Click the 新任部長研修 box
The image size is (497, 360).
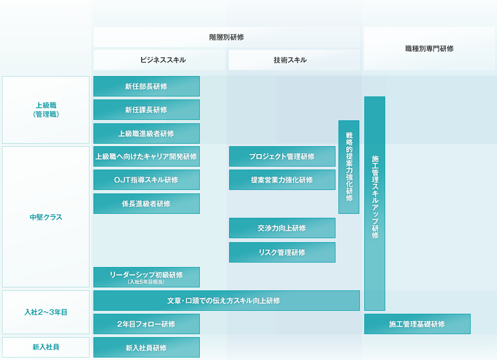[147, 87]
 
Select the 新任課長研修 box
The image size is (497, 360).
[147, 110]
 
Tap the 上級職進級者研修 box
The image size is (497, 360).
[147, 134]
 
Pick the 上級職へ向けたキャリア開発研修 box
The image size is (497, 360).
[147, 157]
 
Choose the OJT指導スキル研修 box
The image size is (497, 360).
[147, 180]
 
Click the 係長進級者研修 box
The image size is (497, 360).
[147, 204]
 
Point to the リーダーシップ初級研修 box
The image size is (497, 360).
[147, 277]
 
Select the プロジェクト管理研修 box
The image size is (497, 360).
[282, 157]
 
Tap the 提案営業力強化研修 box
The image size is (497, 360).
[282, 180]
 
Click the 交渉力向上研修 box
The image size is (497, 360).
[282, 228]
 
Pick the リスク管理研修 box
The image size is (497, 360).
[282, 253]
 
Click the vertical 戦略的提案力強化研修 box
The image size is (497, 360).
[349, 167]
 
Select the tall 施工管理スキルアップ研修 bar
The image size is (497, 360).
[375, 203]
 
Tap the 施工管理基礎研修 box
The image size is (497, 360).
[417, 324]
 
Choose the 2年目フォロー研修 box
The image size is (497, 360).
[147, 324]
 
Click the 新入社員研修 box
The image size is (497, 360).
[147, 348]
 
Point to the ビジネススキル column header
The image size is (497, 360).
[159, 60]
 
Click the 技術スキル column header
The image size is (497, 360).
[294, 60]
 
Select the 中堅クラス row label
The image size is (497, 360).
[46, 217]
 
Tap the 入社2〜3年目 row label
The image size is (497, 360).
[46, 312]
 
